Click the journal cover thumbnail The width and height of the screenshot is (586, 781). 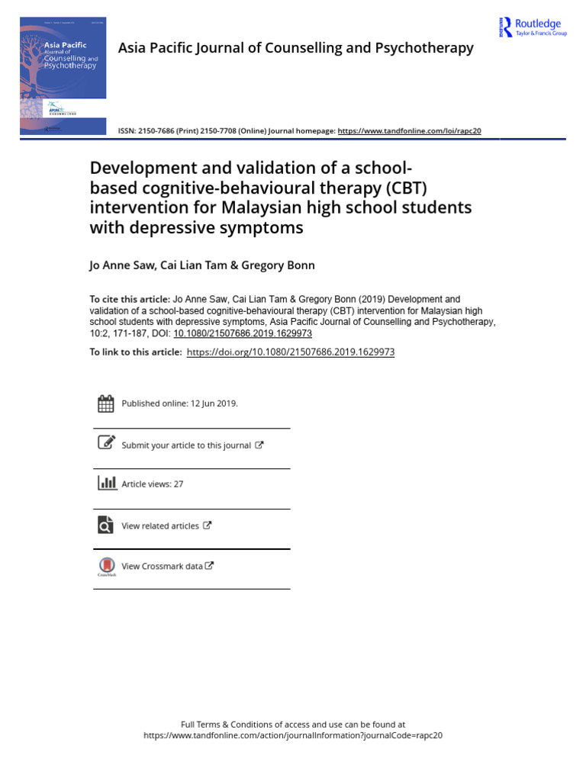(x=63, y=78)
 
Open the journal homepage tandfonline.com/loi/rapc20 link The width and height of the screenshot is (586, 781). (x=409, y=131)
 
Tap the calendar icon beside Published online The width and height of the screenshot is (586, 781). (x=106, y=404)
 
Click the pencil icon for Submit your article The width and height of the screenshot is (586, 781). (x=106, y=444)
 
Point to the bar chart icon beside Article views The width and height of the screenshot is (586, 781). (x=106, y=484)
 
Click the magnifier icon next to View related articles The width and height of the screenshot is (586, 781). (x=106, y=525)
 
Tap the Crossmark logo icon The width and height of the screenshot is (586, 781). (x=106, y=566)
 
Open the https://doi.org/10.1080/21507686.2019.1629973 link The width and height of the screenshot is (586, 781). (x=291, y=352)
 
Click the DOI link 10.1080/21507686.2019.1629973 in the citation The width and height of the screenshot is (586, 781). (x=243, y=333)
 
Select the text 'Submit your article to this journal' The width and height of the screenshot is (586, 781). (x=186, y=445)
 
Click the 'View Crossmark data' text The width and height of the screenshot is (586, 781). (x=163, y=566)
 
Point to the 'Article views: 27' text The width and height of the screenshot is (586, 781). (x=153, y=484)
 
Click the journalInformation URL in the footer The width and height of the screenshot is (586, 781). (x=293, y=736)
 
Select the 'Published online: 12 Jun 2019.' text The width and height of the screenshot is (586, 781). (x=180, y=404)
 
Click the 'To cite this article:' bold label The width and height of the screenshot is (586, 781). (x=129, y=300)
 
